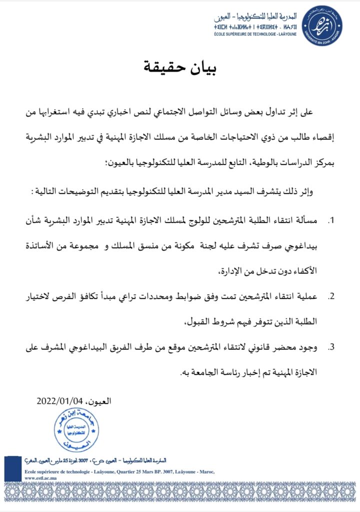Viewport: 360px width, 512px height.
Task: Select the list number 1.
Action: pos(331,220)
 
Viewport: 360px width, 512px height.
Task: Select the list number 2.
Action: pos(331,296)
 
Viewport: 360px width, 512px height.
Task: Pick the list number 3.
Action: pos(331,346)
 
